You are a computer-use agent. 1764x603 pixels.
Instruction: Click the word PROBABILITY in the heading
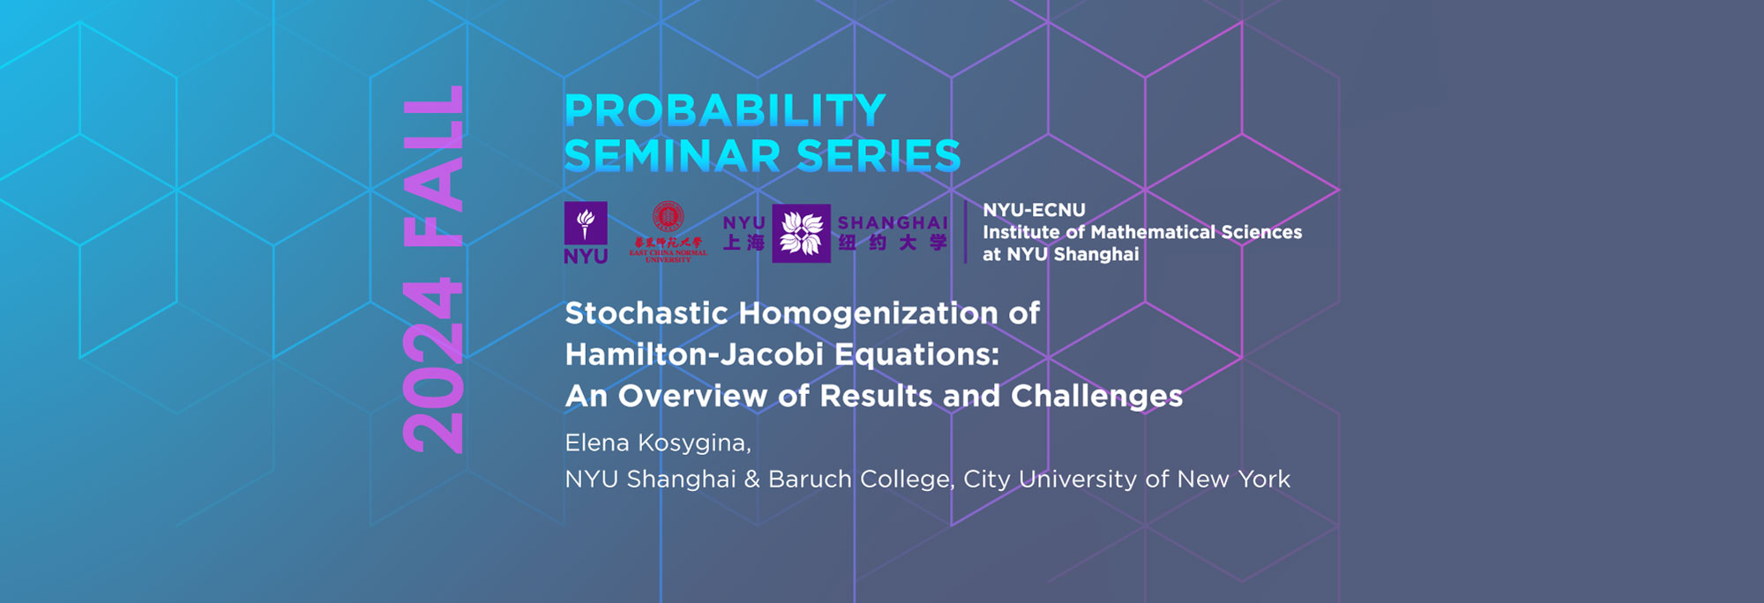(x=724, y=111)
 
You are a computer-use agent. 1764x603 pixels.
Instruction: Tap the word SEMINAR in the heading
(x=672, y=157)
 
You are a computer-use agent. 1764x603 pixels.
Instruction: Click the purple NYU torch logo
(x=586, y=224)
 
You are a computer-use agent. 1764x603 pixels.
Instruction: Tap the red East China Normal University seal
(x=668, y=217)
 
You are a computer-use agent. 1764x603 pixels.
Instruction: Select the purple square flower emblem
(x=801, y=234)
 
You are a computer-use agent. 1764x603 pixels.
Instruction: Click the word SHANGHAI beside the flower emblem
(x=892, y=223)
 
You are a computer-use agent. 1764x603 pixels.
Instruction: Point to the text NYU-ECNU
(x=1034, y=210)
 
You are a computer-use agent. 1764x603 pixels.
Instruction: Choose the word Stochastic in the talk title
(x=647, y=313)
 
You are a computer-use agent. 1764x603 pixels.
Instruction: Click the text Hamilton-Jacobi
(x=694, y=354)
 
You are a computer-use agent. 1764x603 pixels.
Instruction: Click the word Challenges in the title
(x=1096, y=396)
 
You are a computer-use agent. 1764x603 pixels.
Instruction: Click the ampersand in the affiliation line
(x=751, y=480)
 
